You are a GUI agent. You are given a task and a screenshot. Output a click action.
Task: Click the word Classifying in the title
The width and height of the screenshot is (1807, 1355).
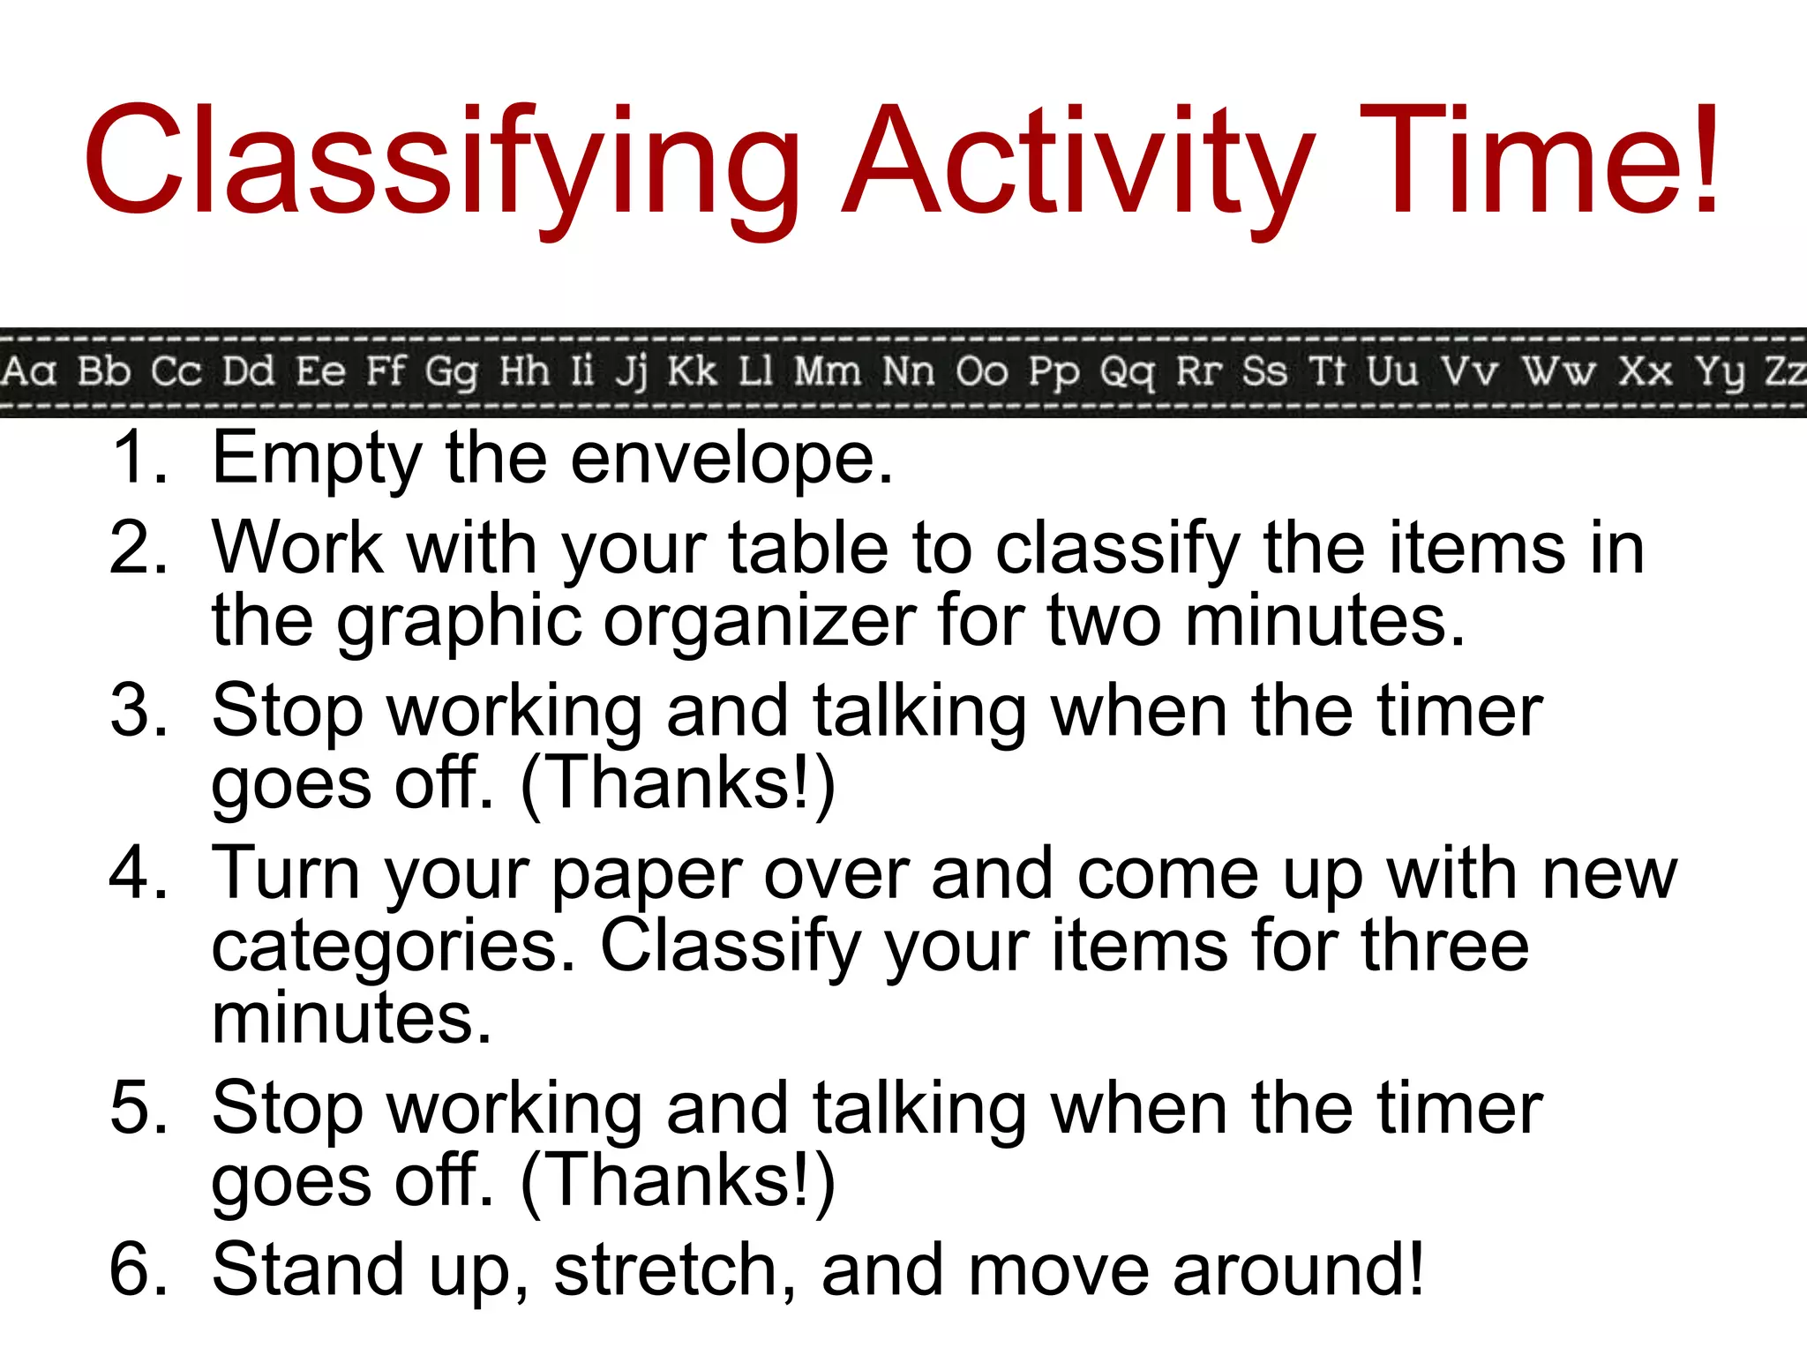point(441,163)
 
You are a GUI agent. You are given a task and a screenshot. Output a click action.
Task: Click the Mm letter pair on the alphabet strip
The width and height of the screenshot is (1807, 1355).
point(827,371)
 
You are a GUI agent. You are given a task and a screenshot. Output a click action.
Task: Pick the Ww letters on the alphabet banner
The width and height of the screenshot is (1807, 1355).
point(1558,371)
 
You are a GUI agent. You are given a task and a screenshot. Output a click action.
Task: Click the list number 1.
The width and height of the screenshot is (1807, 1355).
point(137,457)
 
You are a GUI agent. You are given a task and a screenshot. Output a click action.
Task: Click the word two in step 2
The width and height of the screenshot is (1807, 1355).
point(1104,621)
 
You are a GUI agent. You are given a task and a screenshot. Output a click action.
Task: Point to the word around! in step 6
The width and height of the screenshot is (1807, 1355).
point(1298,1271)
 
